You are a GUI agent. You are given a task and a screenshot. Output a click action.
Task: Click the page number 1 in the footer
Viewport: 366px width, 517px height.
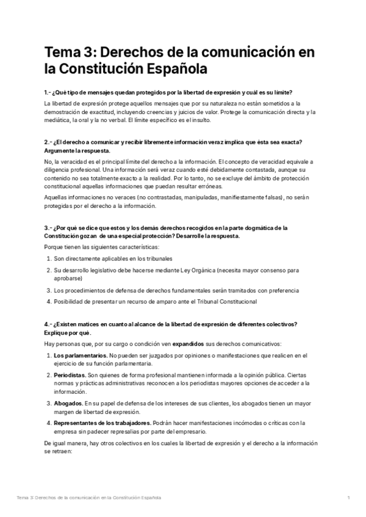click(348, 497)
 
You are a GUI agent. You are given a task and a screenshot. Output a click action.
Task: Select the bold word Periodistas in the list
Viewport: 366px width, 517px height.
click(70, 375)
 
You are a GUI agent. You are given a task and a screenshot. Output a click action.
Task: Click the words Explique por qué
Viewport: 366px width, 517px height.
click(68, 333)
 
